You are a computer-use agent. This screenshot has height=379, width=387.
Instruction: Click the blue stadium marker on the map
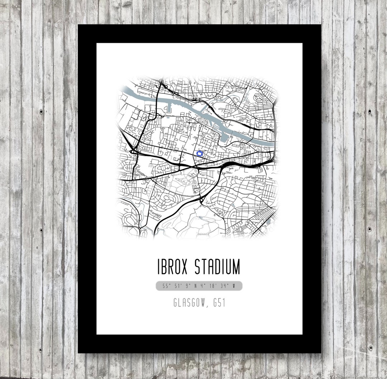point(200,154)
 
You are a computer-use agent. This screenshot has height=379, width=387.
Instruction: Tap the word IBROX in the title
point(173,267)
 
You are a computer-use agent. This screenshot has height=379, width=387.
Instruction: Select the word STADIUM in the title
point(218,267)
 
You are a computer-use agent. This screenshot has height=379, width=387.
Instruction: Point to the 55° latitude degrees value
point(166,286)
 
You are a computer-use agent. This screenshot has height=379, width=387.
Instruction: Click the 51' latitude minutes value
point(176,286)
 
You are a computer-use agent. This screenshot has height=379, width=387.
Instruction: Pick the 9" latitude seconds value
point(186,286)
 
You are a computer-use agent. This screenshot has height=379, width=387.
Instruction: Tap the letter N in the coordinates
point(195,286)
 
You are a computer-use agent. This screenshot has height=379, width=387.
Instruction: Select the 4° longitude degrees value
point(203,286)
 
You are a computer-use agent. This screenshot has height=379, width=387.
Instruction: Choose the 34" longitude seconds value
point(224,286)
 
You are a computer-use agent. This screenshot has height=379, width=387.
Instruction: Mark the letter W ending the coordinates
point(234,286)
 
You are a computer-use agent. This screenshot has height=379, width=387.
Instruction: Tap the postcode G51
point(219,303)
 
